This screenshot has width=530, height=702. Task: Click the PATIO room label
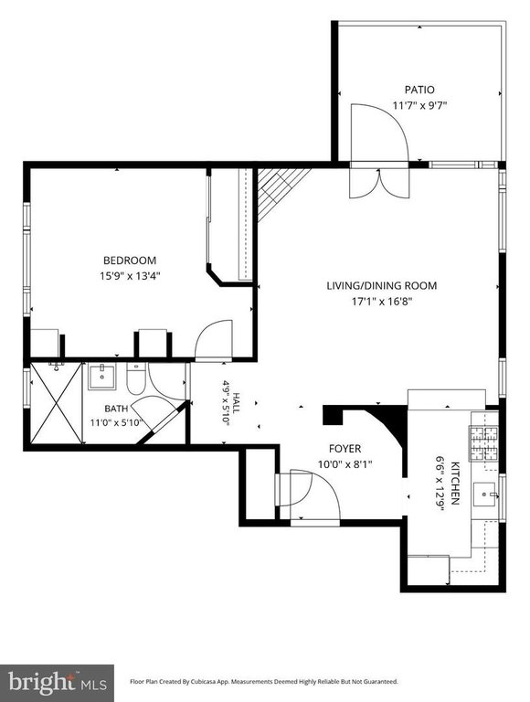[x=419, y=90]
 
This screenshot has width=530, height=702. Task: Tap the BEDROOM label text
[x=130, y=261]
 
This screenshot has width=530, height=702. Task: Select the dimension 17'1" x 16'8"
[x=381, y=302]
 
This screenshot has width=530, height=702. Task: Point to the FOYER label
[x=344, y=449]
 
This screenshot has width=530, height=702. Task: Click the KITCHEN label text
[x=455, y=483]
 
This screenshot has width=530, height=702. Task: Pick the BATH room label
[x=116, y=409]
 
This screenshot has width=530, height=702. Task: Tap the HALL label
[x=237, y=403]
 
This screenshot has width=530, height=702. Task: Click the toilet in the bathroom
[x=136, y=378]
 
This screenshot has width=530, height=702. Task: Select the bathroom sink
[x=102, y=377]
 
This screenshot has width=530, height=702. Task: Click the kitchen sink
[x=485, y=495]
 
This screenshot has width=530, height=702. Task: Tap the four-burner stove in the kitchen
[x=483, y=443]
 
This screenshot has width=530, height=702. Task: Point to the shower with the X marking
[x=57, y=403]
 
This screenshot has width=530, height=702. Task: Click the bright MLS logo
[x=58, y=683]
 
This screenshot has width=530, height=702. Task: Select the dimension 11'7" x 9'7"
[x=419, y=106]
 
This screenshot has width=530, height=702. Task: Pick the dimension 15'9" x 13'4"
[x=130, y=276]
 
